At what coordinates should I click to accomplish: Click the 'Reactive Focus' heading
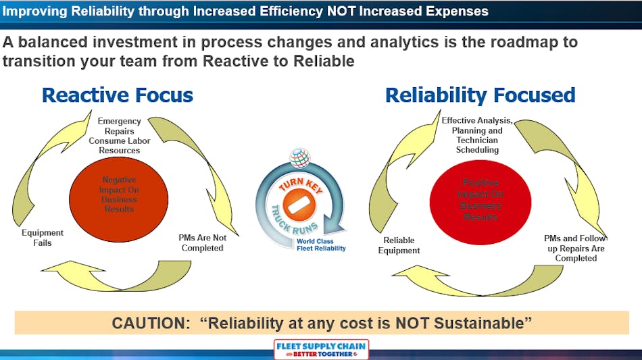point(118,95)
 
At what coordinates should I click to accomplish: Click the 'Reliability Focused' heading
point(480,95)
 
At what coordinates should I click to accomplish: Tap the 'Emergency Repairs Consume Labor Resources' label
point(120,135)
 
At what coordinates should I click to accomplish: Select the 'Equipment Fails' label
point(42,238)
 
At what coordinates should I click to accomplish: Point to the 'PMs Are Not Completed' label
point(202,242)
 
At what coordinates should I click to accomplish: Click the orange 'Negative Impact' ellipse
point(119,195)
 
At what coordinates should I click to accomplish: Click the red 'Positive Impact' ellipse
point(480,199)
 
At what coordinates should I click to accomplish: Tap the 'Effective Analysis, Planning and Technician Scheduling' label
point(477,135)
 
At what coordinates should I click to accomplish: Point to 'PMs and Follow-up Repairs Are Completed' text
point(576,248)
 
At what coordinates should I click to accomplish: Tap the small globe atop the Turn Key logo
point(299,157)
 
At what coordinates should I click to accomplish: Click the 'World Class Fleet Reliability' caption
point(320,245)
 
